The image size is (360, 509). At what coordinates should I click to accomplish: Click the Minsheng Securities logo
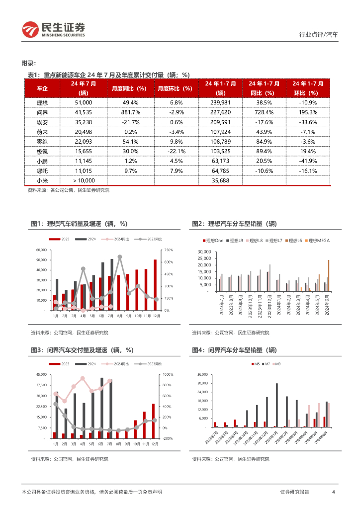coord(53,29)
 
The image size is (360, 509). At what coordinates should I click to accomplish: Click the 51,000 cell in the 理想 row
coord(83,102)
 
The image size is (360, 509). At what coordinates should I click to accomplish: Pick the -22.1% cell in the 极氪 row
coord(175,151)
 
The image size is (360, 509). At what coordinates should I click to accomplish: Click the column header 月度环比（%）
coord(175,88)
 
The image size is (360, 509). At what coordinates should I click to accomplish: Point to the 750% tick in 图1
coord(168,250)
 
